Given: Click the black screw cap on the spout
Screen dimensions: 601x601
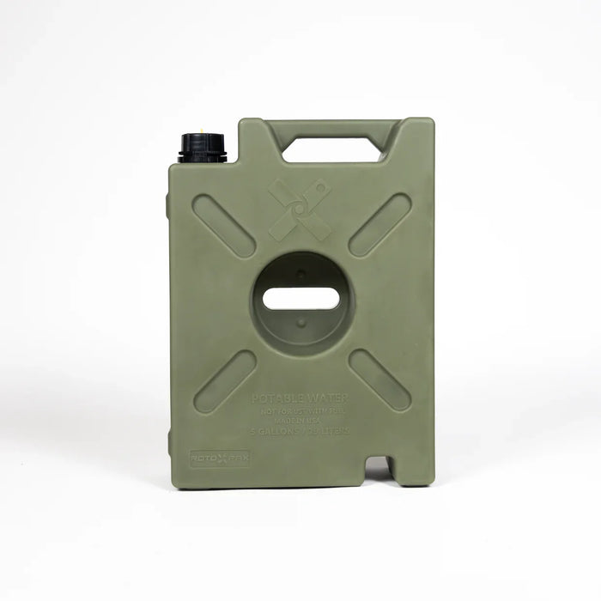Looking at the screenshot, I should click(203, 148).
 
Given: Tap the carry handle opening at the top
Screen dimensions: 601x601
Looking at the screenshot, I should click(331, 149).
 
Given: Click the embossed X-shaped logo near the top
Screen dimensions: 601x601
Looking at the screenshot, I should click(300, 209).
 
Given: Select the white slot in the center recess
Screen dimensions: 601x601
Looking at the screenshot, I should click(300, 299).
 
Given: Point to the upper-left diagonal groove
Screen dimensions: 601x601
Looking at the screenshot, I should click(223, 226).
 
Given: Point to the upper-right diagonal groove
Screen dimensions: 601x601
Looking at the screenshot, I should click(379, 225).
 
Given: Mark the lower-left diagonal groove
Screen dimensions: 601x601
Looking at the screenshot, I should click(225, 382).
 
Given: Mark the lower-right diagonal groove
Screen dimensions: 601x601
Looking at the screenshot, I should click(379, 380).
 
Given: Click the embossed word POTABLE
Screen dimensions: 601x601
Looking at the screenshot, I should click(276, 398).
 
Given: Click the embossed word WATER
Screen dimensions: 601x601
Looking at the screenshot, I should click(325, 398).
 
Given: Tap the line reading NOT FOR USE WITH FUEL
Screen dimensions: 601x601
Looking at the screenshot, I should click(300, 410).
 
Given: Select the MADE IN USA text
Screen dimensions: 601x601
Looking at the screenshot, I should click(300, 420).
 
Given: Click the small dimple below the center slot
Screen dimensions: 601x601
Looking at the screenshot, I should click(300, 324).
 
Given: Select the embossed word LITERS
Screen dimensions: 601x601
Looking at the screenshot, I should click(333, 431).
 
